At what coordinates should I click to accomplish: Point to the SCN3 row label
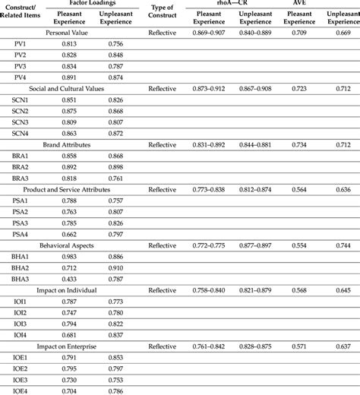click(x=21, y=122)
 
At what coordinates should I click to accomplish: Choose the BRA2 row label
click(x=21, y=166)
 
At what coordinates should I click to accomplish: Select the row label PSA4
click(x=21, y=234)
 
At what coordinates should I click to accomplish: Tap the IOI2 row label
click(x=21, y=312)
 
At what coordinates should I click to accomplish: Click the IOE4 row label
click(x=21, y=390)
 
